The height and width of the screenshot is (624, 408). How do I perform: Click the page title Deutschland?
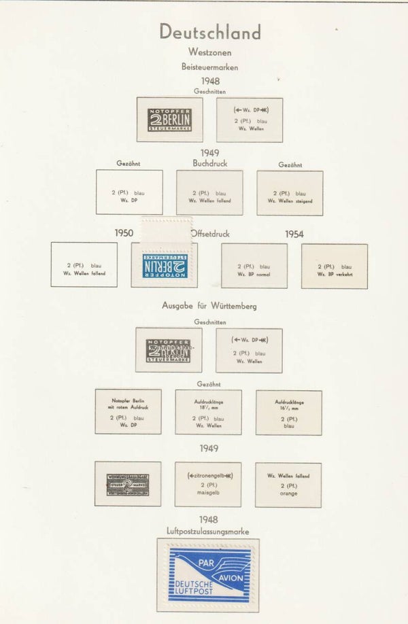pyautogui.click(x=209, y=32)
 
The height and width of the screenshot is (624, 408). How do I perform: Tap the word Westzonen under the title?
pyautogui.click(x=209, y=52)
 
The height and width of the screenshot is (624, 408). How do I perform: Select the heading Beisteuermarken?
pyautogui.click(x=209, y=67)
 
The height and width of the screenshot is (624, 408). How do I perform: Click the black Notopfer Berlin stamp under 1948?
pyautogui.click(x=169, y=120)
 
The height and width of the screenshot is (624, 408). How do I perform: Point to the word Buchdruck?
pyautogui.click(x=209, y=164)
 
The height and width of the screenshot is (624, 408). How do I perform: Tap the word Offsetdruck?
pyautogui.click(x=211, y=234)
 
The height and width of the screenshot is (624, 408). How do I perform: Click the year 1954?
pyautogui.click(x=294, y=235)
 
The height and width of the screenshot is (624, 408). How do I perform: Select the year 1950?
pyautogui.click(x=123, y=234)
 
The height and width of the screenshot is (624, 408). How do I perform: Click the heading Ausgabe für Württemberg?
pyautogui.click(x=209, y=306)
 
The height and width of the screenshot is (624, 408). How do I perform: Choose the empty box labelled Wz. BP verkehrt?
pyautogui.click(x=334, y=266)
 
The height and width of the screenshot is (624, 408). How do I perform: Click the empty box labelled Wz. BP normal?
pyautogui.click(x=254, y=266)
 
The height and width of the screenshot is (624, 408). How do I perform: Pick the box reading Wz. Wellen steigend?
pyautogui.click(x=290, y=192)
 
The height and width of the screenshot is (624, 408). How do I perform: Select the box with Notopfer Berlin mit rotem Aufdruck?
pyautogui.click(x=128, y=412)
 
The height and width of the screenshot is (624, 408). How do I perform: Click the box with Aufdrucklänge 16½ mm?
pyautogui.click(x=288, y=412)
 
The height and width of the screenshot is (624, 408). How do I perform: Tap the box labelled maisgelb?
pyautogui.click(x=209, y=484)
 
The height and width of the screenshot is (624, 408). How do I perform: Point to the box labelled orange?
pyautogui.click(x=288, y=484)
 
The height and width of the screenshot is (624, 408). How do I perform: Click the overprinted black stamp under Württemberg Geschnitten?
pyautogui.click(x=169, y=349)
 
